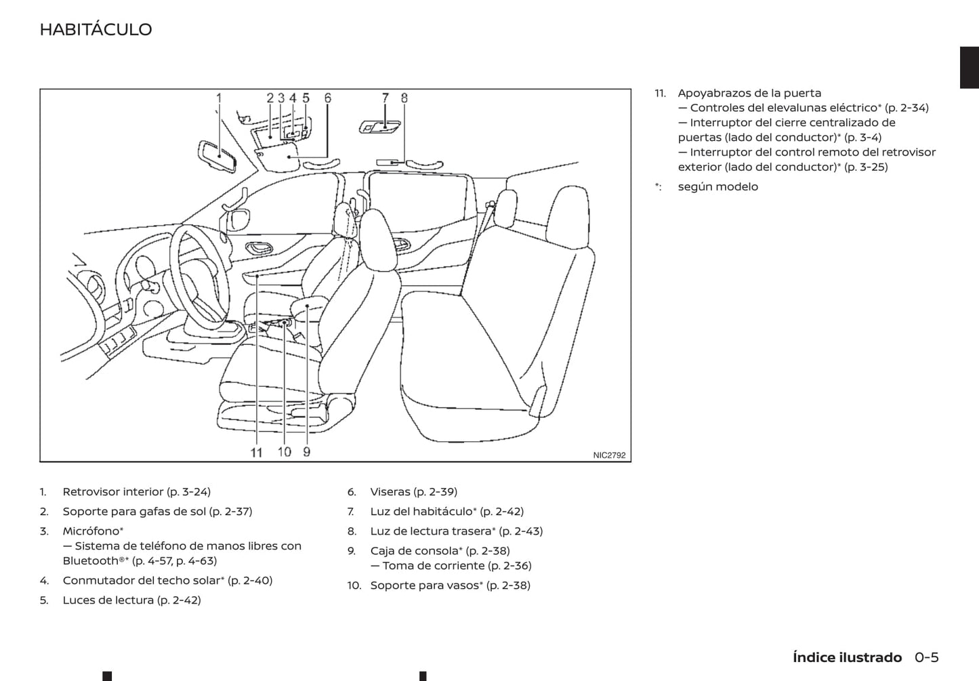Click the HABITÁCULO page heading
pyautogui.click(x=96, y=29)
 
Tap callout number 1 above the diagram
pyautogui.click(x=219, y=98)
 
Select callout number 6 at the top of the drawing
pyautogui.click(x=328, y=98)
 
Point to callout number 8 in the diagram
pyautogui.click(x=404, y=98)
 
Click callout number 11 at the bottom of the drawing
pyautogui.click(x=256, y=452)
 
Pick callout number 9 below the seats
pyautogui.click(x=307, y=451)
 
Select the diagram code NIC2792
pyautogui.click(x=609, y=455)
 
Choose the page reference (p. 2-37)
pyautogui.click(x=230, y=512)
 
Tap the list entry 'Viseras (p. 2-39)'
pyautogui.click(x=413, y=492)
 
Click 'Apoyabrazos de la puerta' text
pyautogui.click(x=749, y=94)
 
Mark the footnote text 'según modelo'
pyautogui.click(x=717, y=187)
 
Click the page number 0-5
pyautogui.click(x=926, y=657)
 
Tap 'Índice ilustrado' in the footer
pyautogui.click(x=847, y=657)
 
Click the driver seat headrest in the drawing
pyautogui.click(x=376, y=234)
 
